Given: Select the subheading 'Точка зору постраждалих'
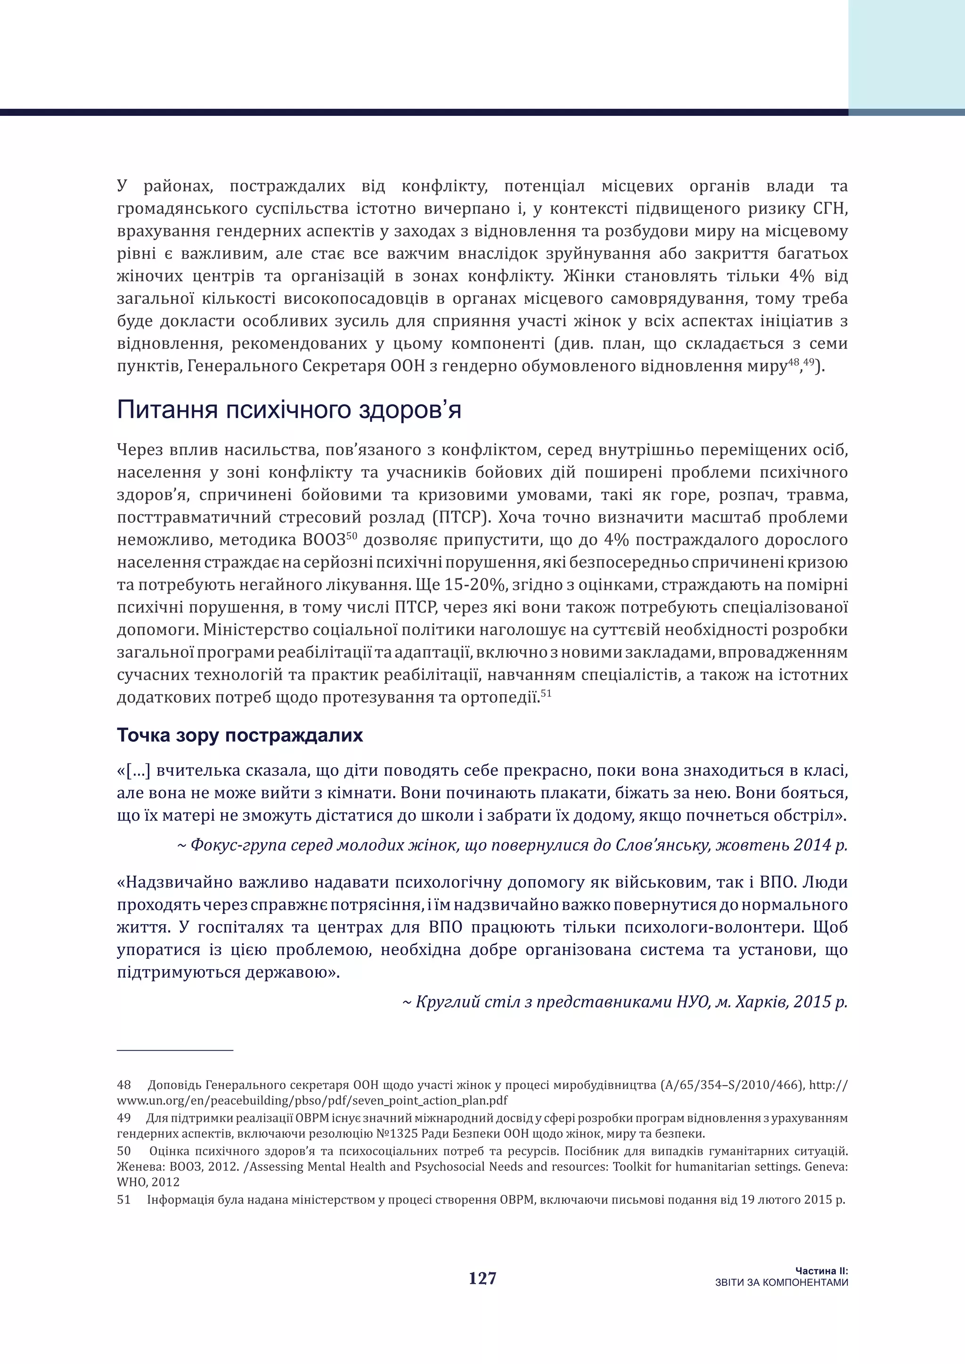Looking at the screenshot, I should (x=239, y=736).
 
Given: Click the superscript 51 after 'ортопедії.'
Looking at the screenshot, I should (x=546, y=693).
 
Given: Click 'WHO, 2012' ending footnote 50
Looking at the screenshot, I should (x=148, y=1182).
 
